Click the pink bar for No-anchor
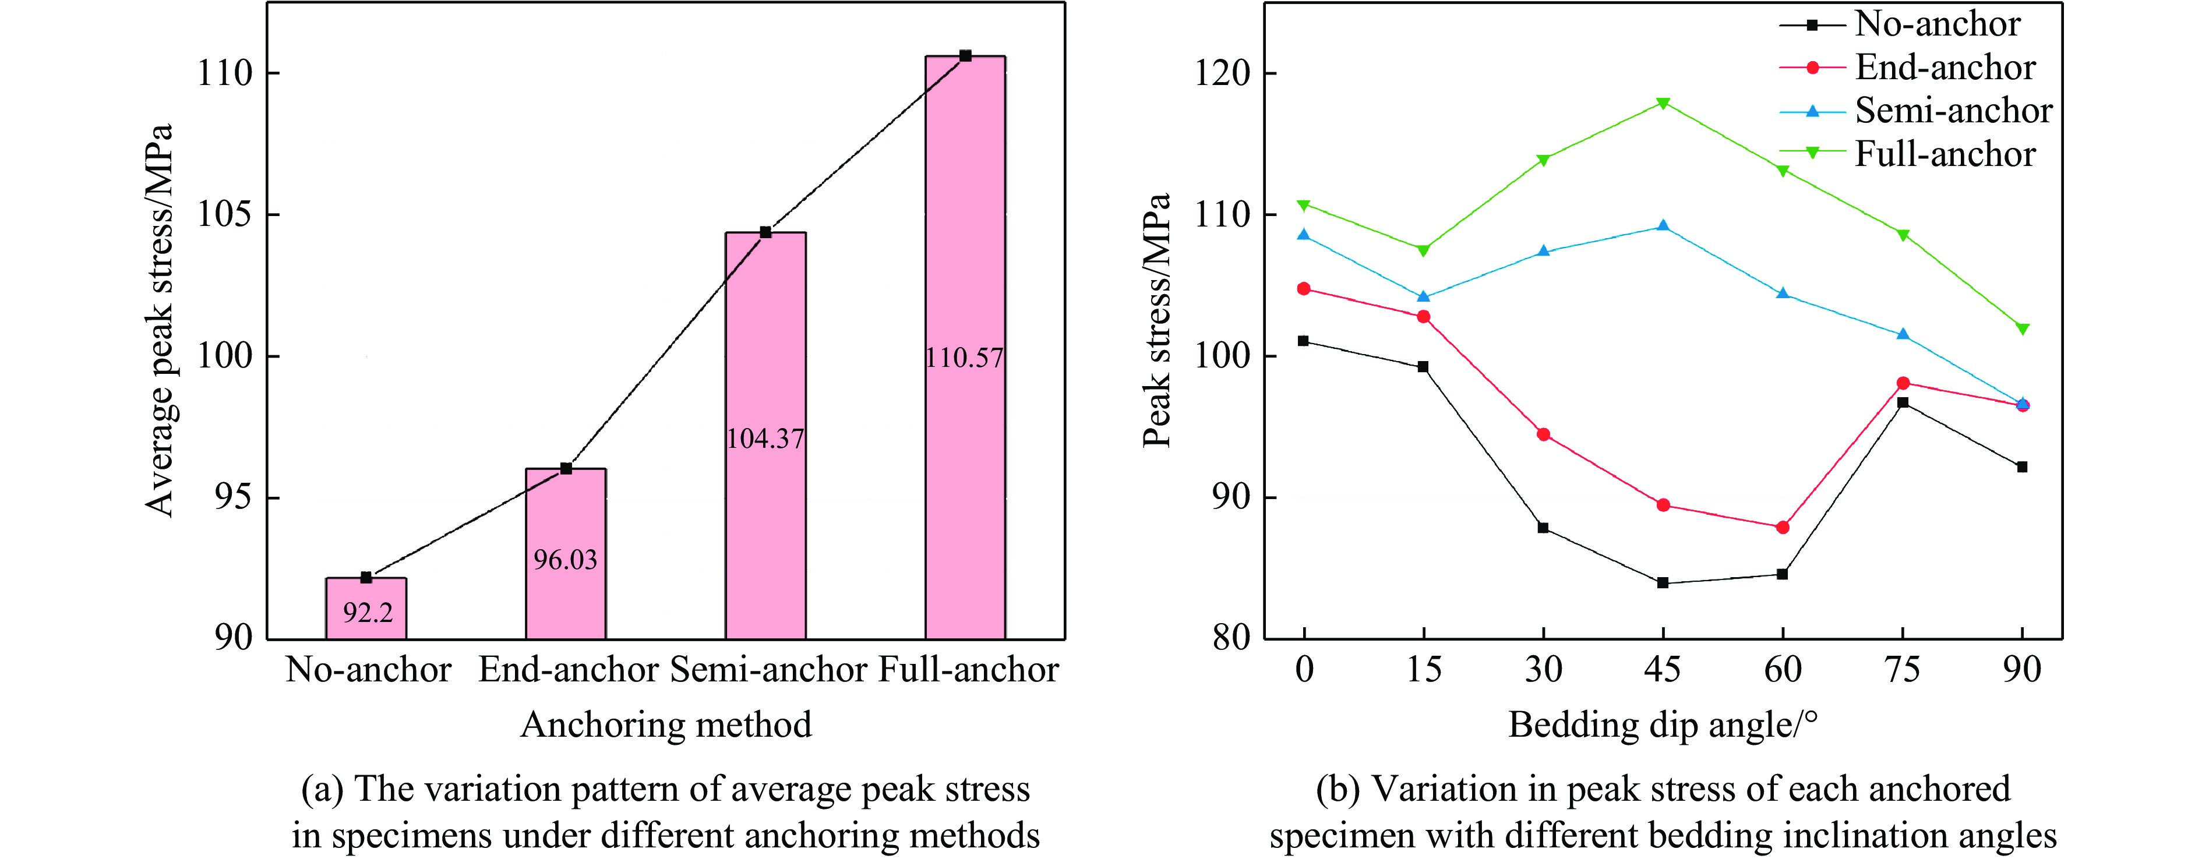pyautogui.click(x=366, y=609)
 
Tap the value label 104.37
pyautogui.click(x=765, y=439)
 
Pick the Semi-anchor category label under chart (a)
pyautogui.click(x=768, y=669)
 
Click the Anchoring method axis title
pyautogui.click(x=666, y=725)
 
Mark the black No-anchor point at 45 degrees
pyautogui.click(x=1663, y=583)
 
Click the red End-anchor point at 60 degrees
pyautogui.click(x=1783, y=528)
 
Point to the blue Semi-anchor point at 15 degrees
pyautogui.click(x=1423, y=296)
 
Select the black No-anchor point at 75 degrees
pyautogui.click(x=1903, y=402)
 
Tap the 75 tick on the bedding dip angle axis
pyautogui.click(x=1903, y=669)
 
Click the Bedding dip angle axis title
pyautogui.click(x=1662, y=725)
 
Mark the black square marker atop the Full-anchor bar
pyautogui.click(x=965, y=55)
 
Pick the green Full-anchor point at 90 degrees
pyautogui.click(x=2023, y=329)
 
